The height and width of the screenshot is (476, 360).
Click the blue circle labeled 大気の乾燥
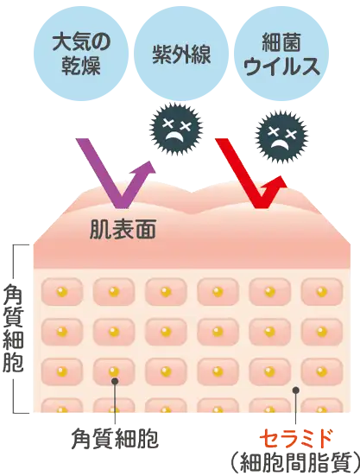coord(81,54)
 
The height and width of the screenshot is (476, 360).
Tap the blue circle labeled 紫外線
coord(181,54)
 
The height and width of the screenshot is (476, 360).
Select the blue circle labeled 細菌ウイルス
coord(281,54)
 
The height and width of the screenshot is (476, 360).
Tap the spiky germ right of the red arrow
coord(281,135)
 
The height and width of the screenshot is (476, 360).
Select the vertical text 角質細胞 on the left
coord(13,328)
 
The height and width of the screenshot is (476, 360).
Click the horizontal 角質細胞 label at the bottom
coord(115,438)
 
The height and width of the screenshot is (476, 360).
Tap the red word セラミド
coord(296,439)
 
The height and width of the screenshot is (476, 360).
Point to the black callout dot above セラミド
coord(296,390)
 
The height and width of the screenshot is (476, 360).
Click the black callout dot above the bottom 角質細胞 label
coord(115,381)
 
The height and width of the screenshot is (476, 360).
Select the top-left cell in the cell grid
coord(62,292)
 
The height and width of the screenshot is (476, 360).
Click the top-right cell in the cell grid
coord(321,292)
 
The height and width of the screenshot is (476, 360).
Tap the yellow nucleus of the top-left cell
coord(62,292)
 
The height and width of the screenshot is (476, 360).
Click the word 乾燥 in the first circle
coord(81,66)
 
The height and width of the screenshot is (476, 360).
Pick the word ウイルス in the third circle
coord(281,66)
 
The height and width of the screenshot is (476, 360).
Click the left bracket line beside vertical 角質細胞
coord(14,329)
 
